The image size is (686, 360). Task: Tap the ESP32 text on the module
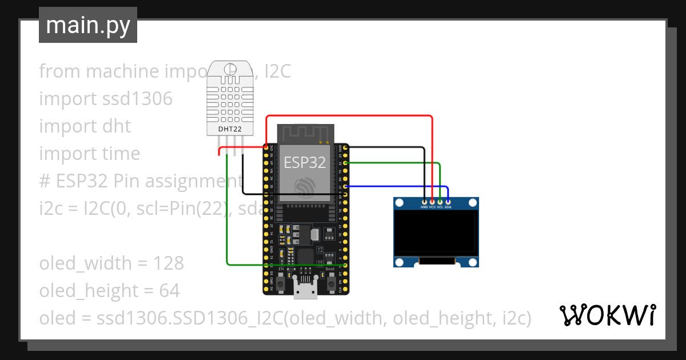(305, 162)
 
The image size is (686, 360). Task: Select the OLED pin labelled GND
(424, 201)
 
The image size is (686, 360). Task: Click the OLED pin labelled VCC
(432, 201)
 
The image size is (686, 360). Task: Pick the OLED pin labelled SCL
(440, 201)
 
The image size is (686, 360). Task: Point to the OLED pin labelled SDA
(448, 201)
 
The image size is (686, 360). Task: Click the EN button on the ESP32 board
(281, 282)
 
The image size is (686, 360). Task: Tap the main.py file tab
(88, 25)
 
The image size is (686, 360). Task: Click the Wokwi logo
(607, 315)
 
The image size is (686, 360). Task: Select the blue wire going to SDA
(400, 186)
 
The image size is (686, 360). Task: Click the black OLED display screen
(436, 233)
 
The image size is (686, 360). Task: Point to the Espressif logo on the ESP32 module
(304, 187)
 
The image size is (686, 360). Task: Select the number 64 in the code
(169, 291)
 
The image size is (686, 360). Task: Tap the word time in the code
(122, 154)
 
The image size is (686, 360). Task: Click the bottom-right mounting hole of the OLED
(472, 262)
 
